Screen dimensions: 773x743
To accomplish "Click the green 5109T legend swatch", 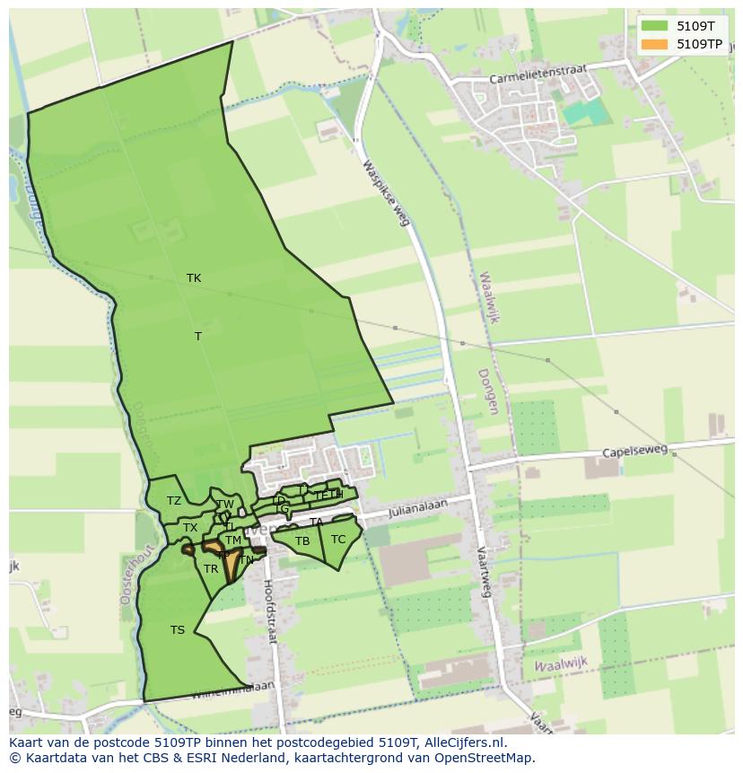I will pyautogui.click(x=654, y=26).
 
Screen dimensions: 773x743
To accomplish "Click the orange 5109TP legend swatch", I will pyautogui.click(x=654, y=44).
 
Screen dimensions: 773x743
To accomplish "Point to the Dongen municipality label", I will pyautogui.click(x=486, y=391).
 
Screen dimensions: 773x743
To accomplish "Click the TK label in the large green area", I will pyautogui.click(x=194, y=278).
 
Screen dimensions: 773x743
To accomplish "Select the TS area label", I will pyautogui.click(x=178, y=630).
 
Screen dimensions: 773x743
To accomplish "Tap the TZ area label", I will pyautogui.click(x=174, y=501).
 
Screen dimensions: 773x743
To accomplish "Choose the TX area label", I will pyautogui.click(x=190, y=528).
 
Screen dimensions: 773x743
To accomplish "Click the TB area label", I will pyautogui.click(x=302, y=541).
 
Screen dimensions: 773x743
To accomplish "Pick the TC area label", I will pyautogui.click(x=338, y=540).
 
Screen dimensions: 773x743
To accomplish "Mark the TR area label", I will pyautogui.click(x=211, y=569).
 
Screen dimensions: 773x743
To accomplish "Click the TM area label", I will pyautogui.click(x=233, y=540).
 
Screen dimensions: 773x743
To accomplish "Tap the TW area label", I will pyautogui.click(x=225, y=505).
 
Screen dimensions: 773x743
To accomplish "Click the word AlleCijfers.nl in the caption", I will pyautogui.click(x=464, y=743).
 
